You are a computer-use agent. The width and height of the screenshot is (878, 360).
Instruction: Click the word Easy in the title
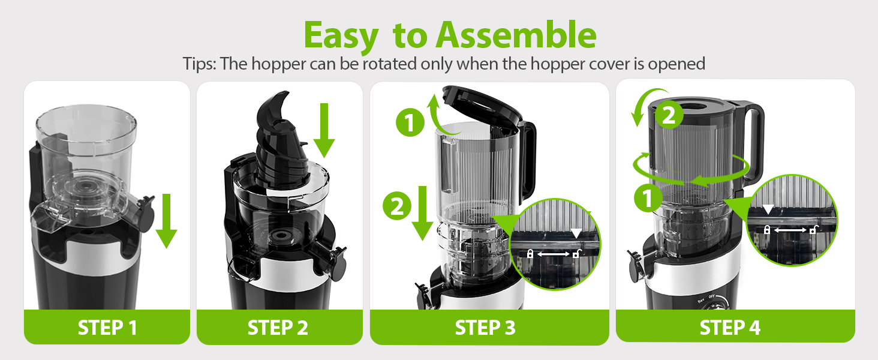341,36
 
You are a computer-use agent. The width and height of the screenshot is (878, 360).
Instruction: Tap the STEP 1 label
107,328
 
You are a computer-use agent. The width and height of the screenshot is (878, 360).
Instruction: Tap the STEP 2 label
278,328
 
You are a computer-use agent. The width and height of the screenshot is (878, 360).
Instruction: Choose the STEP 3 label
485,328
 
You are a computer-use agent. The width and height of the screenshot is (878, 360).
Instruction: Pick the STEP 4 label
730,328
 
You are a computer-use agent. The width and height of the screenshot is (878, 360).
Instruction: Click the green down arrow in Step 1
166,221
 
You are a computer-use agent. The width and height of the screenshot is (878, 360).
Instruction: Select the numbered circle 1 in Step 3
410,124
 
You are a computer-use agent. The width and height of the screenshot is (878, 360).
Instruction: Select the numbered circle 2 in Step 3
397,207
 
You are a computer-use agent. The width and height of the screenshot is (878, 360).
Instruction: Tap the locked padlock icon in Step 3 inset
530,254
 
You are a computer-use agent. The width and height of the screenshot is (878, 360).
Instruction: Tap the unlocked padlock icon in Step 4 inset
813,229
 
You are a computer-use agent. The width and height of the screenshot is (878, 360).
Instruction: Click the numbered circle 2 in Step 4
669,115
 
